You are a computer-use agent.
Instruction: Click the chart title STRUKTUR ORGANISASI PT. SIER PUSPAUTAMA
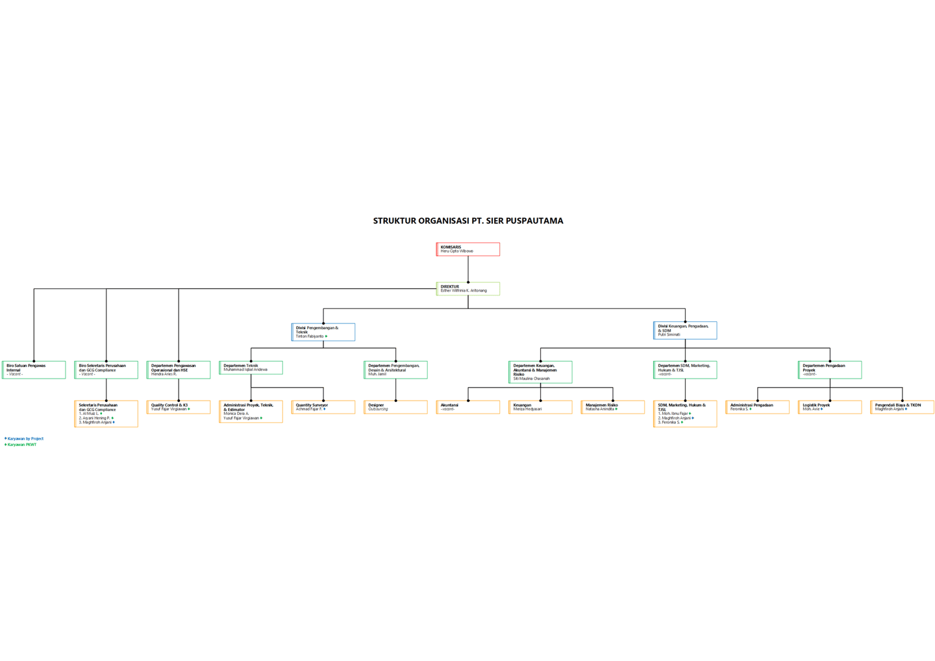[467, 221]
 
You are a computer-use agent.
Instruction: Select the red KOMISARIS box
[468, 249]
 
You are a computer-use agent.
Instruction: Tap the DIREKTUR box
[468, 289]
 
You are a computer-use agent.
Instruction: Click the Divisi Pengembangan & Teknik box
[323, 332]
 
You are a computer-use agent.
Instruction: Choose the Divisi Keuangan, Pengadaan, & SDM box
[685, 330]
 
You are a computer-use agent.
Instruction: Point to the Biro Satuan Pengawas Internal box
[34, 369]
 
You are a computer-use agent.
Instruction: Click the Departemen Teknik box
[251, 368]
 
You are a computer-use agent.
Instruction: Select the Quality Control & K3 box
[179, 407]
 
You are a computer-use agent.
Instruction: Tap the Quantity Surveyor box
[323, 407]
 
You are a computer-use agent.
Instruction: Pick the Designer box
[395, 407]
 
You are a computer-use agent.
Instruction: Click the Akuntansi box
[468, 407]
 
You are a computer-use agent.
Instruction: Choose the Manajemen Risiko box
[612, 407]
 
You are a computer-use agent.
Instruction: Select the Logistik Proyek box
[830, 407]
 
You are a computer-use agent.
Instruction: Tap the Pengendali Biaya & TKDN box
[902, 407]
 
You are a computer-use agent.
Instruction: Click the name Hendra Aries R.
[164, 375]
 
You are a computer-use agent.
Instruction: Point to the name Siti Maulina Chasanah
[531, 379]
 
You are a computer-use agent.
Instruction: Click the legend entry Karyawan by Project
[25, 439]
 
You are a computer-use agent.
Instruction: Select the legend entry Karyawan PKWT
[22, 445]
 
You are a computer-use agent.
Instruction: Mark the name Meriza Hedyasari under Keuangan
[527, 410]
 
